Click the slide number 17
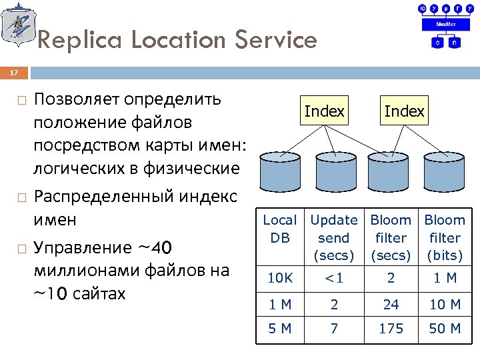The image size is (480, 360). (x=15, y=72)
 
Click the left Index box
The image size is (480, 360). (x=324, y=111)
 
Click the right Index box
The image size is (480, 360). (x=404, y=111)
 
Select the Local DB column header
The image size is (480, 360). (x=280, y=228)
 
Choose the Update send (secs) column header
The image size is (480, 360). (x=334, y=237)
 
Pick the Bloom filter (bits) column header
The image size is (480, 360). (x=445, y=237)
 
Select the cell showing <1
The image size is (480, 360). (x=334, y=278)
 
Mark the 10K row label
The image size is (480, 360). (x=280, y=278)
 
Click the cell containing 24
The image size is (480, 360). (x=391, y=304)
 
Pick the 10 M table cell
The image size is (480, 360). (x=445, y=304)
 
